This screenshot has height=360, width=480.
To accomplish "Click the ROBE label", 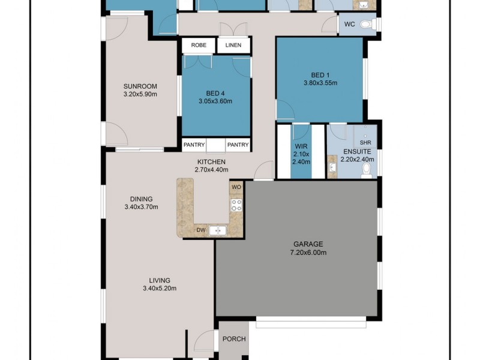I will [199, 46].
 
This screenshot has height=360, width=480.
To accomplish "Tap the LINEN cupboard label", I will [233, 46].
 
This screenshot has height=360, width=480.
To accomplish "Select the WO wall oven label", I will [236, 187].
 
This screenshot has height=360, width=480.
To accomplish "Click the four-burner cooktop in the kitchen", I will [236, 206].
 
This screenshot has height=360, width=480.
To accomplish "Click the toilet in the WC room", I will [373, 25].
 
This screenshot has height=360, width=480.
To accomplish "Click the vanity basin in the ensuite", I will [332, 166].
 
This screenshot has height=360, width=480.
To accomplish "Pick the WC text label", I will [349, 25].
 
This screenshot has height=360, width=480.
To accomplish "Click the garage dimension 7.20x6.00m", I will [308, 253].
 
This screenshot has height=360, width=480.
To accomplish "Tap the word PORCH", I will [234, 339].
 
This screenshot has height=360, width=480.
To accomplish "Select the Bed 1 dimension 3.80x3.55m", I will [319, 83].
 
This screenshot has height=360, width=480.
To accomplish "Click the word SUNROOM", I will [139, 85].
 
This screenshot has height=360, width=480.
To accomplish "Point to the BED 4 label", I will [215, 93].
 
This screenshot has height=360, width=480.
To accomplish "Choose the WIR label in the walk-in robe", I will [301, 146].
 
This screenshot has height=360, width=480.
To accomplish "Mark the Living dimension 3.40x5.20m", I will [160, 288].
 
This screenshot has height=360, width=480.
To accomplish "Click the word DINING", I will [141, 199].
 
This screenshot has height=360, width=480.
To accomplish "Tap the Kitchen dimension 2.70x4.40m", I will [210, 170].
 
